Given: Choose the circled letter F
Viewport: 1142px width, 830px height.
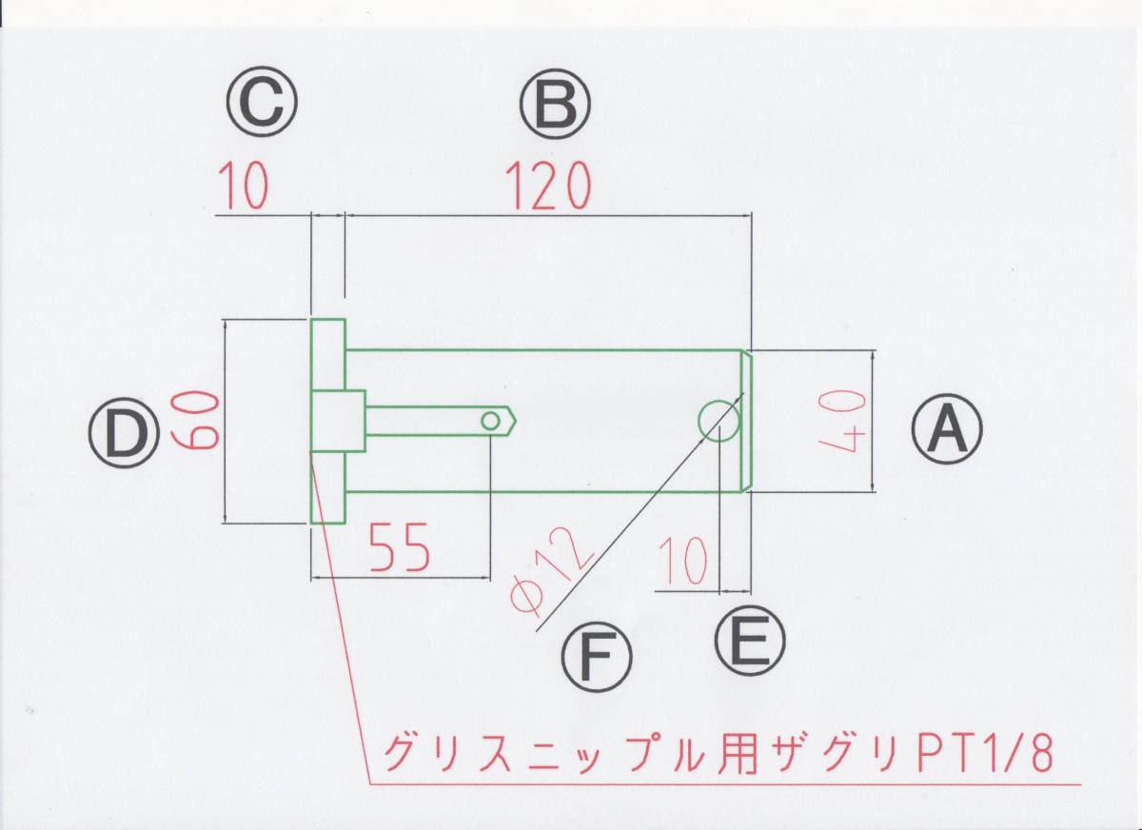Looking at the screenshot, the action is [x=597, y=657].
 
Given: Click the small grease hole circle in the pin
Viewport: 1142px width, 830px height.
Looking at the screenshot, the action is [x=491, y=421].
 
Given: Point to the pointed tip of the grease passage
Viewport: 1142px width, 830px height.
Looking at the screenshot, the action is [x=515, y=421].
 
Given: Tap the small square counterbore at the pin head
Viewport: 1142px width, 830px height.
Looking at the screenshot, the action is [x=339, y=421].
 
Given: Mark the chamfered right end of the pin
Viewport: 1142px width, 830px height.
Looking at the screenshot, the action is [x=747, y=421].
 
